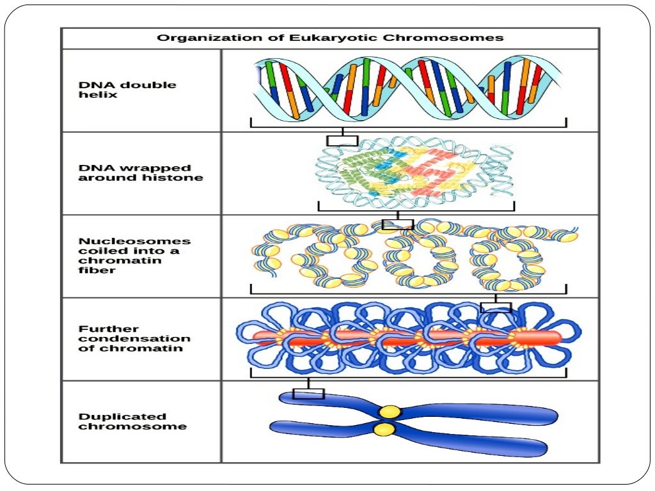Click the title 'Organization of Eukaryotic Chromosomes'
pos(330,38)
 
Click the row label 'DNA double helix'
pos(127,90)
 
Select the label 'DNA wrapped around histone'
pos(140,173)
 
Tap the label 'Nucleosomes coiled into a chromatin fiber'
pos(134,256)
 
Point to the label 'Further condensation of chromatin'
pos(134,339)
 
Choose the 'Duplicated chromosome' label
pos(132,421)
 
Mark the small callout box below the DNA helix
pos(342,141)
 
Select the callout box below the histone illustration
pos(397,224)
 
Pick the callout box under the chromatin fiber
pos(496,307)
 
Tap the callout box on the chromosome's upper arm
pos(308,393)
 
